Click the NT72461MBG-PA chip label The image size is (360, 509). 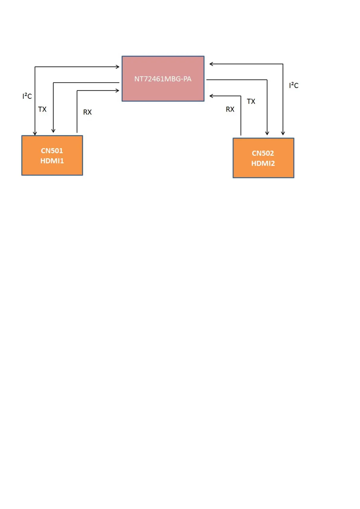pyautogui.click(x=163, y=79)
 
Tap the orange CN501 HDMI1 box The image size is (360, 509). pyautogui.click(x=52, y=169)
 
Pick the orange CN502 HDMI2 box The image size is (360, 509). pyautogui.click(x=263, y=172)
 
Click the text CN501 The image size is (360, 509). pyautogui.click(x=52, y=151)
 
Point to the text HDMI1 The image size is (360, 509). pyautogui.click(x=52, y=161)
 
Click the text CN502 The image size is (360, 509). pyautogui.click(x=263, y=153)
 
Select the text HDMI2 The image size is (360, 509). pyautogui.click(x=263, y=164)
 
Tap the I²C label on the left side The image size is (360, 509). pyautogui.click(x=27, y=96)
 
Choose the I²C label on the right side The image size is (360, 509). pyautogui.click(x=294, y=85)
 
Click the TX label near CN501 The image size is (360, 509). pyautogui.click(x=42, y=109)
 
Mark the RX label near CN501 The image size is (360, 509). pyautogui.click(x=87, y=112)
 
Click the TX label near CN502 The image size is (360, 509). pyautogui.click(x=251, y=101)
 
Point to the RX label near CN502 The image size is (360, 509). pyautogui.click(x=230, y=109)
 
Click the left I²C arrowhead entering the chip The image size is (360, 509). pyautogui.click(x=118, y=67)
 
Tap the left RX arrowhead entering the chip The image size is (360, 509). pyautogui.click(x=118, y=90)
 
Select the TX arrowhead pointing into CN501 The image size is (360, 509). pyautogui.click(x=53, y=131)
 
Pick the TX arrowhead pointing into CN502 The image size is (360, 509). pyautogui.click(x=267, y=133)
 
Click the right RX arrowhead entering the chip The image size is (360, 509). pyautogui.click(x=211, y=96)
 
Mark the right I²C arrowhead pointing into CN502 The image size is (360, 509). pyautogui.click(x=283, y=133)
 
